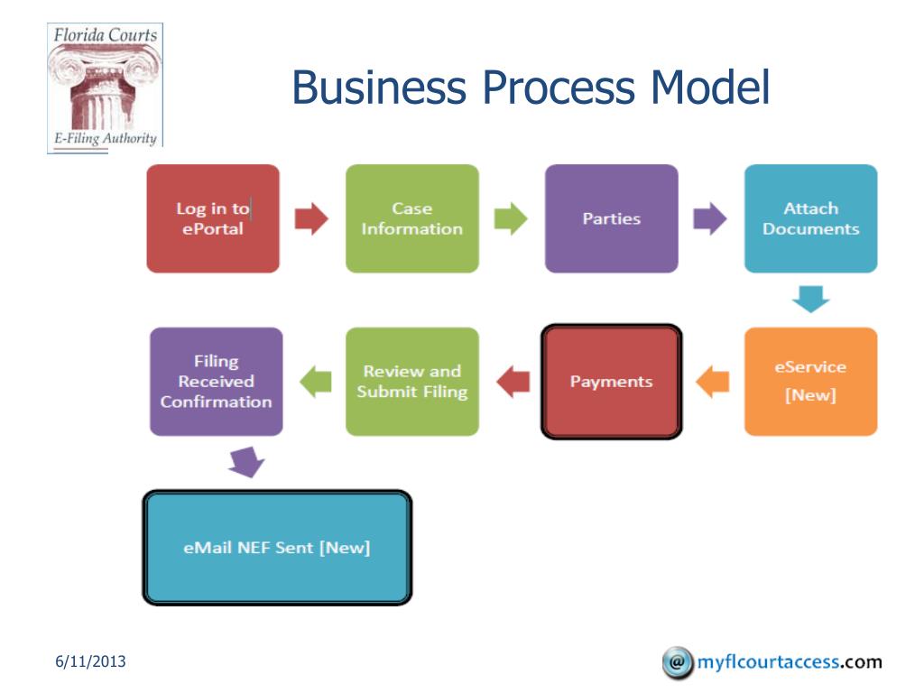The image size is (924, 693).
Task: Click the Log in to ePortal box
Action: (213, 218)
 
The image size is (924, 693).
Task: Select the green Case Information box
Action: (412, 218)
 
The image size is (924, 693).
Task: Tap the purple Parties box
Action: (611, 218)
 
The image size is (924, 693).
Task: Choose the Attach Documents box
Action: (810, 218)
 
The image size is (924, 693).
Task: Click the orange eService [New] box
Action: (810, 381)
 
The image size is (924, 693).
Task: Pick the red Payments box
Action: (611, 382)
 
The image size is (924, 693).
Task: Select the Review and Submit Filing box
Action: (412, 381)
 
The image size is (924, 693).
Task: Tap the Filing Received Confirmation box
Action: (217, 381)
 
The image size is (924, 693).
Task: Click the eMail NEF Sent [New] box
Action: (277, 548)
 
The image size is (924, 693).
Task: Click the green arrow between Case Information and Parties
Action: (512, 218)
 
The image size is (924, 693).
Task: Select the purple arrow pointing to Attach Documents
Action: (710, 218)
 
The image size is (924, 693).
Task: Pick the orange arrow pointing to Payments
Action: (714, 381)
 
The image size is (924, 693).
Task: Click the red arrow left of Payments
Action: (513, 381)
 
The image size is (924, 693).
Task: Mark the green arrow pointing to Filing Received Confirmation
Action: (315, 381)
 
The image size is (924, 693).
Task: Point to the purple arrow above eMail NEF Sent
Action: (245, 462)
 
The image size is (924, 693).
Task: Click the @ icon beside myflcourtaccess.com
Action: (676, 662)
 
